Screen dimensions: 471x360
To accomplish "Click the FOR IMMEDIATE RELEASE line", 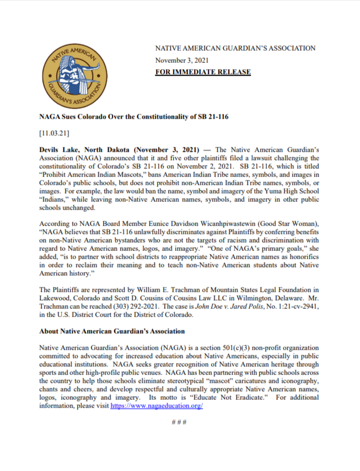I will (x=203, y=72).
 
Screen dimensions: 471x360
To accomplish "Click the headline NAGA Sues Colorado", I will (x=133, y=117).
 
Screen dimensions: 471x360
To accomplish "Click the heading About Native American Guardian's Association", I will (x=112, y=331).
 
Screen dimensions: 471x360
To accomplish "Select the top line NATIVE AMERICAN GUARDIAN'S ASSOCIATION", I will (x=235, y=48).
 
